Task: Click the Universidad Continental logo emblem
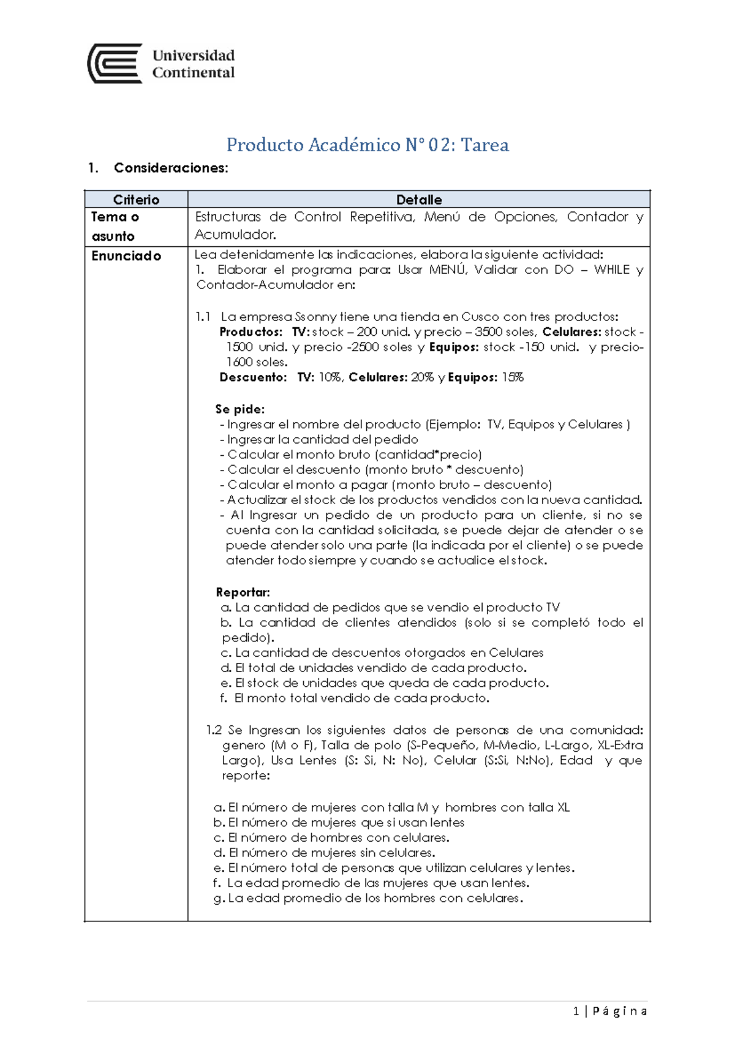(x=115, y=63)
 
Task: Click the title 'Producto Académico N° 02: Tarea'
(x=367, y=145)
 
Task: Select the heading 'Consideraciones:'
(x=171, y=168)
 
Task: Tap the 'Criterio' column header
(x=136, y=200)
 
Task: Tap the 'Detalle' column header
(x=419, y=200)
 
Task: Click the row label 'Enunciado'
(x=126, y=256)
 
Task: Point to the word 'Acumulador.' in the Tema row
(x=235, y=235)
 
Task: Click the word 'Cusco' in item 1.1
(x=480, y=317)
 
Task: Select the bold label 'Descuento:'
(x=253, y=377)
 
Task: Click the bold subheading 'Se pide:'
(x=239, y=409)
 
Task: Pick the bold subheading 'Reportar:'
(x=243, y=592)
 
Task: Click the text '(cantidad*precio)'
(x=428, y=455)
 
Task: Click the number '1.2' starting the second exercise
(x=214, y=730)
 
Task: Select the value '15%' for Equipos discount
(x=513, y=377)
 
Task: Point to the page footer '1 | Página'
(x=610, y=1011)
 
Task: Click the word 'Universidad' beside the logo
(x=194, y=56)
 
